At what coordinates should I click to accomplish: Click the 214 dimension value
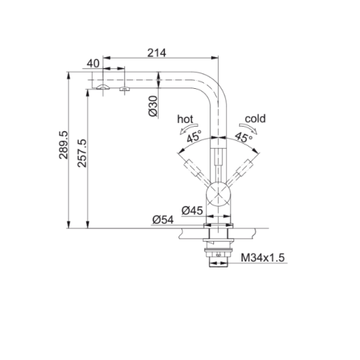157,53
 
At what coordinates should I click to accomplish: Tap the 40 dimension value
93,64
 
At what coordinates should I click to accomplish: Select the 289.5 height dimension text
63,144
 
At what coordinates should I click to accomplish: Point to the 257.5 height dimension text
82,153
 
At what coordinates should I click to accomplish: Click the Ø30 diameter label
153,106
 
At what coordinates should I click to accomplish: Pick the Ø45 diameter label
192,210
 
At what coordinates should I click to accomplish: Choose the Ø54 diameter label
163,219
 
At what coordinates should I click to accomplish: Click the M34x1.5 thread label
263,258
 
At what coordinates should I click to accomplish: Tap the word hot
185,119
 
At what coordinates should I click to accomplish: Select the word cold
256,119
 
